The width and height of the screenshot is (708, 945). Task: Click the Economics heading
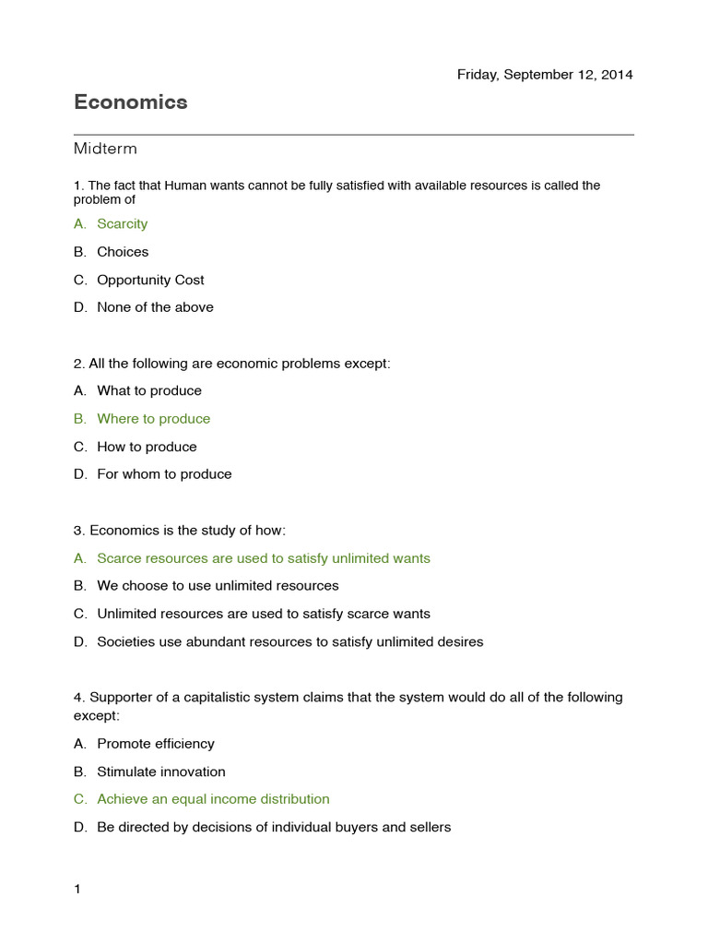130,102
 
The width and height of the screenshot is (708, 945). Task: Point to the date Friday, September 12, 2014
545,75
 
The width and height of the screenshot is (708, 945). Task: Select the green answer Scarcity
122,224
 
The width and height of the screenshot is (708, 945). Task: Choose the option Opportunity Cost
150,280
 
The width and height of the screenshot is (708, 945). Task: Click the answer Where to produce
153,419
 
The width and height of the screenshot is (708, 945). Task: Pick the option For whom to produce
164,474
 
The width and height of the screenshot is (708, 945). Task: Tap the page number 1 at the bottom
77,890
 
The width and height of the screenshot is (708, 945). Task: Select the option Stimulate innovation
160,772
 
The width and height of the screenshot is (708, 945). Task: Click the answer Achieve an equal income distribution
213,799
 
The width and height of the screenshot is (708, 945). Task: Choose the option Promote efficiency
155,744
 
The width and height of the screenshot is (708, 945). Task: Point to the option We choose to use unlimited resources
218,586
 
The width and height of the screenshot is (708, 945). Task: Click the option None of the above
155,307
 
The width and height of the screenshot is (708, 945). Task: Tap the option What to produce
149,391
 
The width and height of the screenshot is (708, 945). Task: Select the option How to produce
147,447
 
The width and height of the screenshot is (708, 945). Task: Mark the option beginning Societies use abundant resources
289,641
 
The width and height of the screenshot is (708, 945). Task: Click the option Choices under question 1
123,252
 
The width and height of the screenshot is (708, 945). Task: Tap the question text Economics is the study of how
187,531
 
